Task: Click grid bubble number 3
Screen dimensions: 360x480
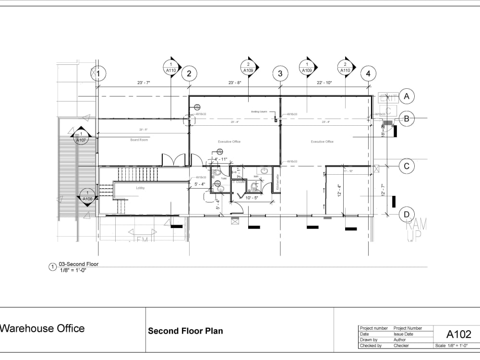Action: tap(280, 73)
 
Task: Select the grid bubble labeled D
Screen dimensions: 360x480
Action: tap(407, 214)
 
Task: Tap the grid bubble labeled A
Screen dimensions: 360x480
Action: tap(407, 96)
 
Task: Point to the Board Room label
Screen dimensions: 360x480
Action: tap(139, 140)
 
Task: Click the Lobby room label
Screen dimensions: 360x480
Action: tap(140, 188)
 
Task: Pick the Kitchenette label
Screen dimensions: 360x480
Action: tap(277, 181)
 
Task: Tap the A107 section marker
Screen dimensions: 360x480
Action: tap(82, 136)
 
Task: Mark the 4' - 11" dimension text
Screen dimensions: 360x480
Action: tap(221, 159)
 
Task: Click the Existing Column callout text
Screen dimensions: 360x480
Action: tap(258, 112)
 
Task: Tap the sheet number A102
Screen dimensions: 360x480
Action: tap(459, 334)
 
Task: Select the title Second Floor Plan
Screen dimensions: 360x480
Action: tap(185, 331)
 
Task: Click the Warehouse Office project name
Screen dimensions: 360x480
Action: tap(42, 329)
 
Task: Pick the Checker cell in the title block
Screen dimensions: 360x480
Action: tap(401, 346)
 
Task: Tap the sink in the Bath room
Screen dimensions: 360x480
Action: tap(264, 170)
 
